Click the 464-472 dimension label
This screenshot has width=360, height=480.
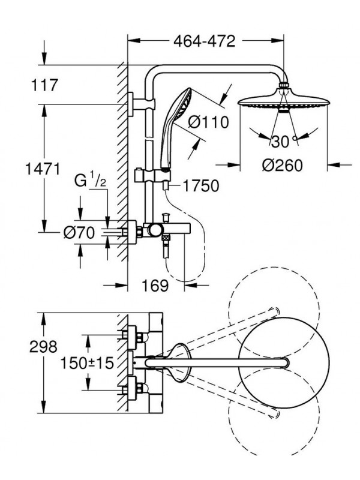204,41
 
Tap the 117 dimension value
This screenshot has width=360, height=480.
44,85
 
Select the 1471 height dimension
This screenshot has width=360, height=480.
43,169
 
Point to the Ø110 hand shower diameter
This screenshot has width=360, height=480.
208,122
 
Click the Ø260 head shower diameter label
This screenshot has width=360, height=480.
282,166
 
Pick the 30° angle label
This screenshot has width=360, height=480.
284,141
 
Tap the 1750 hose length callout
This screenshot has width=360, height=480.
201,185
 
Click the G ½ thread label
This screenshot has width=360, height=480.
91,181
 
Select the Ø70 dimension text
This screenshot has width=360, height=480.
79,233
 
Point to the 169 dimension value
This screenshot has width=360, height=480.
155,286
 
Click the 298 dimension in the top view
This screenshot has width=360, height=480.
43,347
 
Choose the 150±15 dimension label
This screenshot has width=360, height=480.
86,364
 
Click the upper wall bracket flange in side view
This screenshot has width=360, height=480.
131,104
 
